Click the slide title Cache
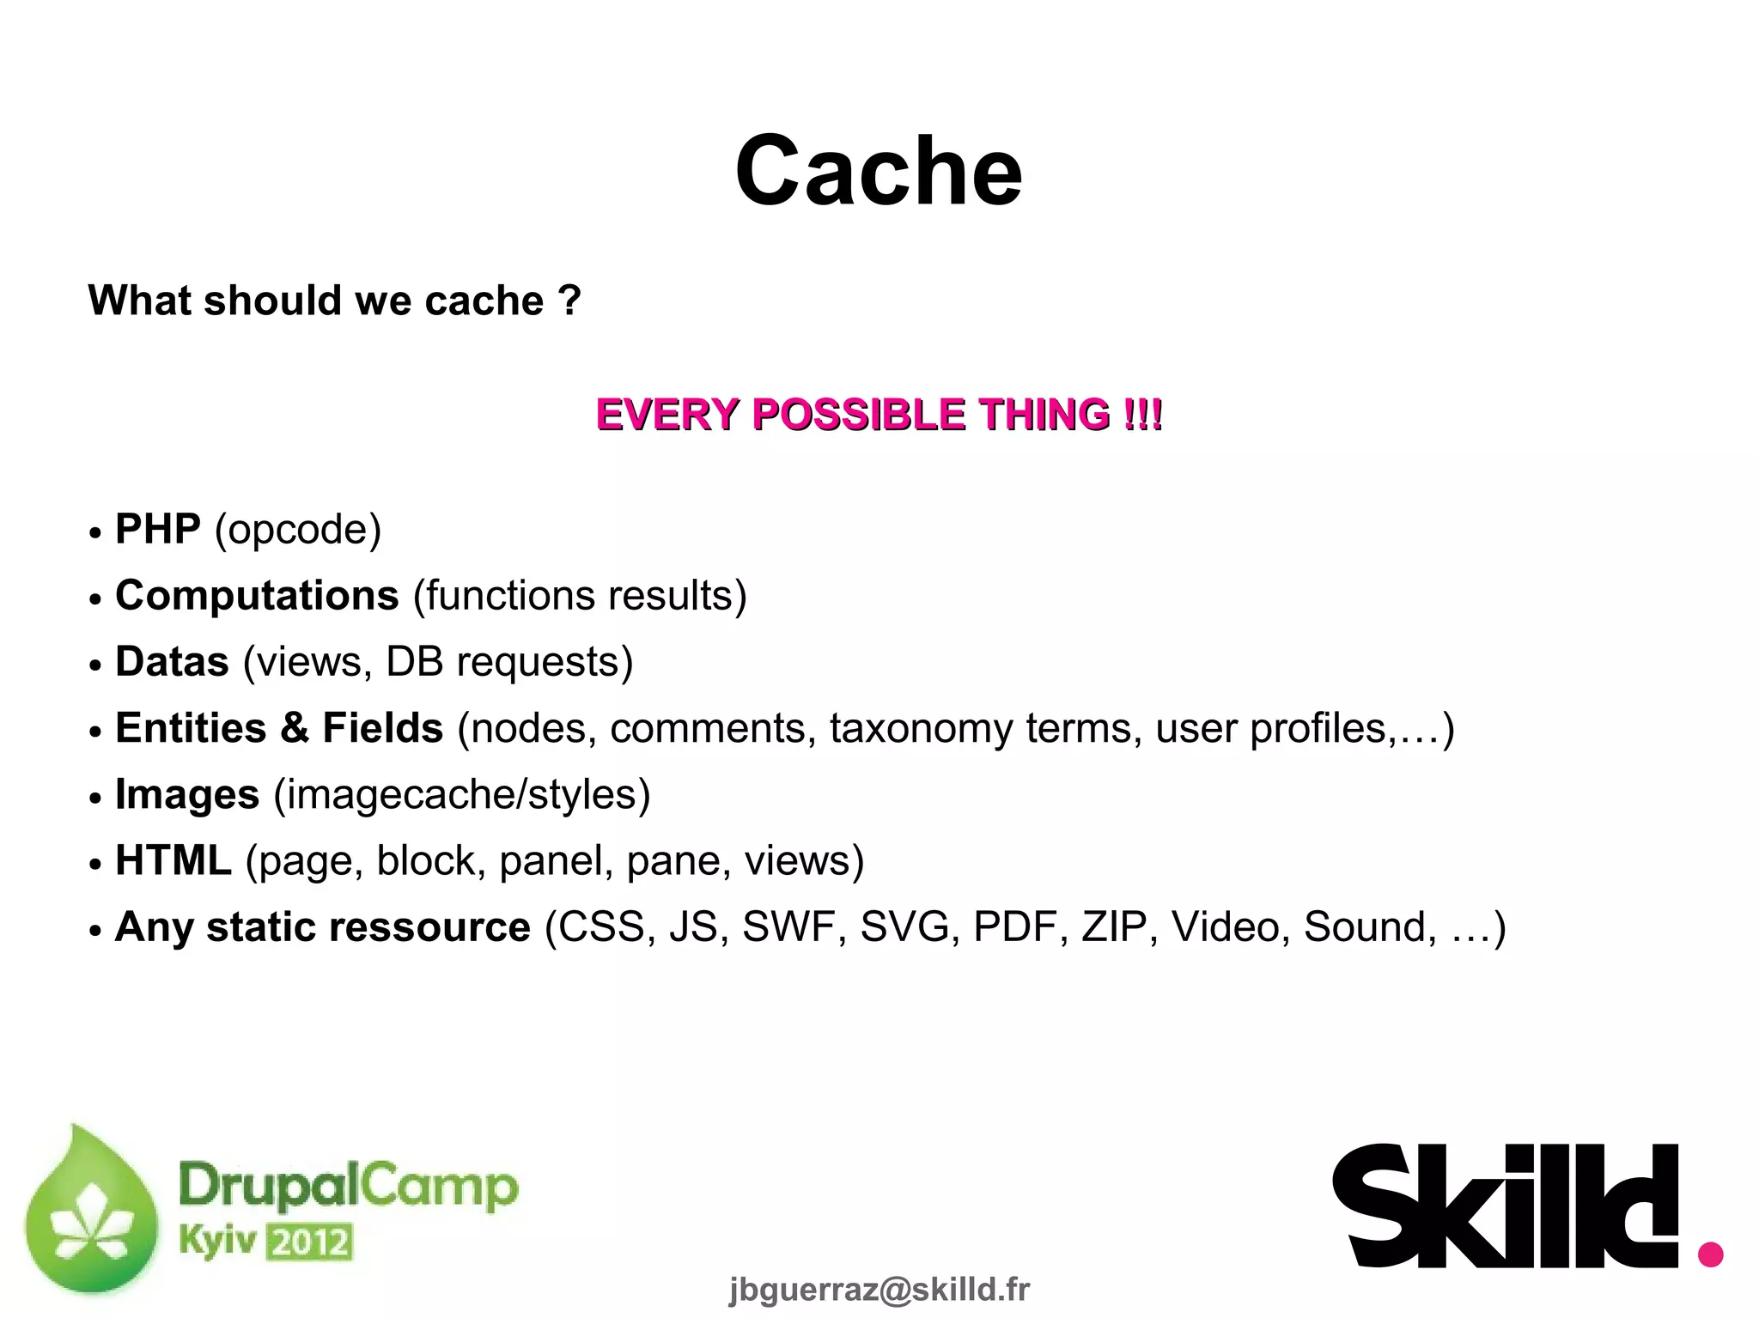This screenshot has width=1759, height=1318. [x=878, y=172]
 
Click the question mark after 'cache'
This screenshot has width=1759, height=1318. [x=569, y=301]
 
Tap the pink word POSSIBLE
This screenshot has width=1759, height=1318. [x=858, y=415]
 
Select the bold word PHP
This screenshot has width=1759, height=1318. [x=158, y=529]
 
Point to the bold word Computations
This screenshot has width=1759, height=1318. [x=257, y=595]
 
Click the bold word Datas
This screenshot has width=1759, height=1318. [x=172, y=662]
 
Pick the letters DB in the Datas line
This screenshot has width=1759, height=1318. [x=414, y=662]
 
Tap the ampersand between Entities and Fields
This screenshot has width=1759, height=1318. [x=294, y=728]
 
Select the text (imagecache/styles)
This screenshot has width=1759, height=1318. [x=461, y=795]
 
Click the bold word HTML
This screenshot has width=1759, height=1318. [x=173, y=860]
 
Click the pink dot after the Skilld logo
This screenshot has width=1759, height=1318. [x=1710, y=1254]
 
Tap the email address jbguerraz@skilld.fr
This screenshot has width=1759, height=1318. [x=879, y=1290]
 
